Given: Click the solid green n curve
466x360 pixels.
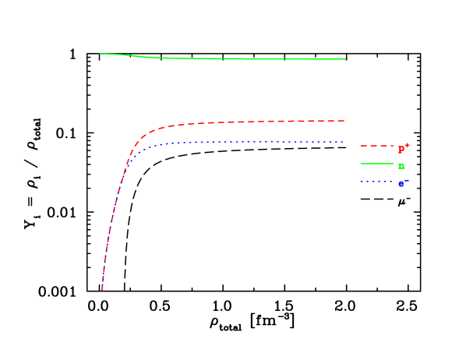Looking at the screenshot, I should point(234,58).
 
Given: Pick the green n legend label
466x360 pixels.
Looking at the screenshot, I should point(401,166).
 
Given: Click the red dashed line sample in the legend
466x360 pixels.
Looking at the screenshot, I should point(375,146).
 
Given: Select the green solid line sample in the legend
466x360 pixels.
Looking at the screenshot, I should point(375,164).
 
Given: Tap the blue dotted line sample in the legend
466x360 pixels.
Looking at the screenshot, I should point(375,182).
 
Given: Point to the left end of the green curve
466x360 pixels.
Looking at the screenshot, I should point(101,54).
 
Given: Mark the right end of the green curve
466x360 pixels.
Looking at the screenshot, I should point(345,59).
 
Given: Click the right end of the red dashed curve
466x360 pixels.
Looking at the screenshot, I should point(344,121).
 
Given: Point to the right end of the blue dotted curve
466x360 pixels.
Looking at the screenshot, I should point(344,142).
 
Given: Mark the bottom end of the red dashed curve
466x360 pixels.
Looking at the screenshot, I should point(102,288).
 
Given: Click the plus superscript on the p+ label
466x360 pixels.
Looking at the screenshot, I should point(407,145).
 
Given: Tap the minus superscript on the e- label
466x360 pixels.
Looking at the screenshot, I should point(406,181).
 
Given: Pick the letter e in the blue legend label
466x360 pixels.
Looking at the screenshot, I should point(401,185).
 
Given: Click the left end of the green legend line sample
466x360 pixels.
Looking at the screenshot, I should point(361,164).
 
